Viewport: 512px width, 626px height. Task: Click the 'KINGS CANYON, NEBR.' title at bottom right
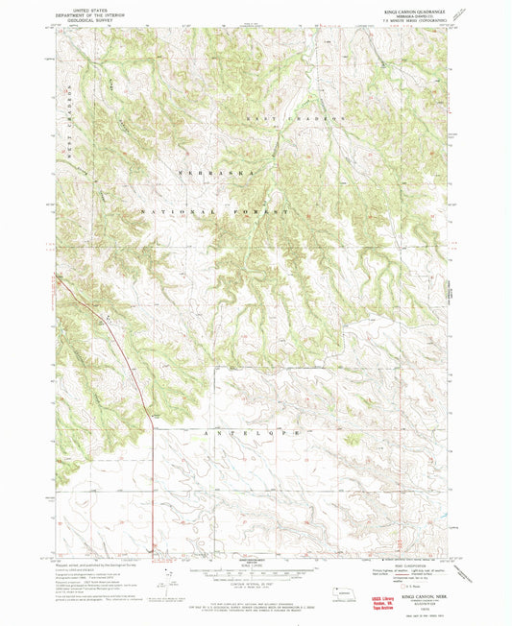coord(411,596)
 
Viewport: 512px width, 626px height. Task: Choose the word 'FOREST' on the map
coord(261,209)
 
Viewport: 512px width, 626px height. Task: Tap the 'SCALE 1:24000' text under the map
coord(256,559)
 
